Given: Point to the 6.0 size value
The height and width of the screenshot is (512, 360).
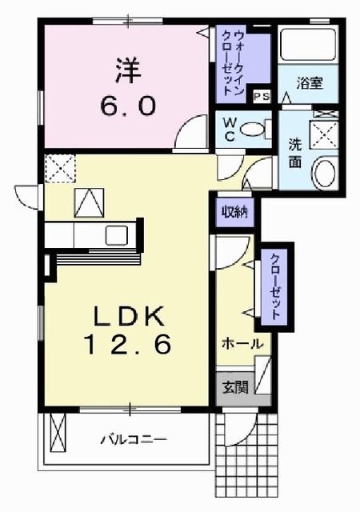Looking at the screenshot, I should [128, 105].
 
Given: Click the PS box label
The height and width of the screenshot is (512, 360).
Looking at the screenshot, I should [261, 95].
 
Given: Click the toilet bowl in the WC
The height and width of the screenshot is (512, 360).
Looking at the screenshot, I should [254, 128].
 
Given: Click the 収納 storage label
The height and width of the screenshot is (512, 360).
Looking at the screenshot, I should [234, 212].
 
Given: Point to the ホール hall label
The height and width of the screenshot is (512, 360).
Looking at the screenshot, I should [242, 343].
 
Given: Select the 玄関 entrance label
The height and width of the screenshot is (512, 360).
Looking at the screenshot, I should [235, 388].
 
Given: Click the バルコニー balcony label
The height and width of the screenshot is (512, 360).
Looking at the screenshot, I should [134, 439].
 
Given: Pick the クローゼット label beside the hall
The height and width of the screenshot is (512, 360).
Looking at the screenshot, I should [274, 286].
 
